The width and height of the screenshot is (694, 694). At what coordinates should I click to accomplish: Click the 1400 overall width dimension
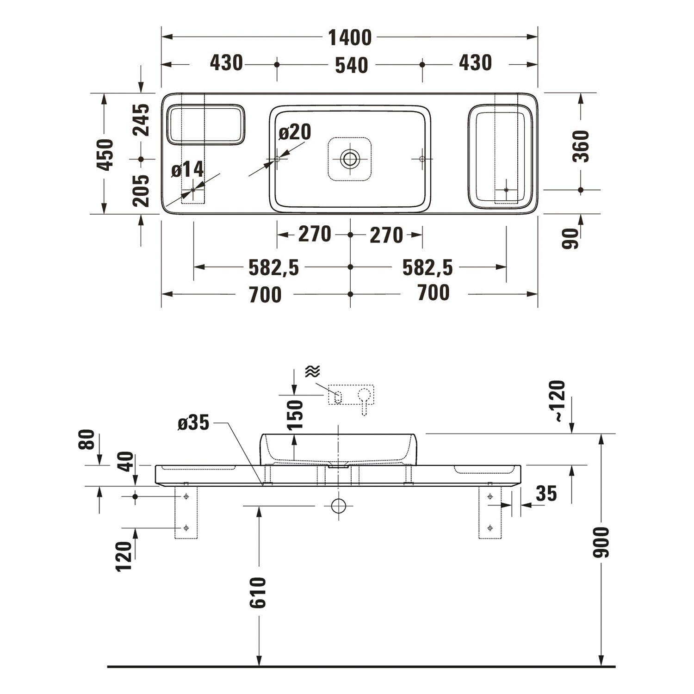click(350, 37)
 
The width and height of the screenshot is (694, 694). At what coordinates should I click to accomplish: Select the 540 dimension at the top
click(352, 65)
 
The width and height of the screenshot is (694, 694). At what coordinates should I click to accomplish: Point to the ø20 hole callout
click(295, 132)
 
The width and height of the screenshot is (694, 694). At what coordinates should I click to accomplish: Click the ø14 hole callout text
click(187, 170)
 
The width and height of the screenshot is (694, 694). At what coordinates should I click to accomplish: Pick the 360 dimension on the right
click(581, 146)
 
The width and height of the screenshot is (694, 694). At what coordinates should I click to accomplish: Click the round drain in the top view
click(350, 159)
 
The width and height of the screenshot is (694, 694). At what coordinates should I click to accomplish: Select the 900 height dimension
click(601, 542)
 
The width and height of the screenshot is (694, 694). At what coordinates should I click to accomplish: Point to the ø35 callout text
click(194, 422)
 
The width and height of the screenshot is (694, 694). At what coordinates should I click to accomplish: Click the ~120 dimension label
click(559, 401)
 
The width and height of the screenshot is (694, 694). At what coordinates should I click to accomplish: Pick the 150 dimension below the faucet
click(295, 415)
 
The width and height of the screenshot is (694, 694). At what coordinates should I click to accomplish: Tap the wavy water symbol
click(313, 371)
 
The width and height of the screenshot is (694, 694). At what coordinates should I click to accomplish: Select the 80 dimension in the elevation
click(87, 440)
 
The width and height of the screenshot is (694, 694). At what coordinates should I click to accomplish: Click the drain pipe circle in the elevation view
click(339, 506)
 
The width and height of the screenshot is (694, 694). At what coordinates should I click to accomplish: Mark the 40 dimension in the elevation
click(125, 462)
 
